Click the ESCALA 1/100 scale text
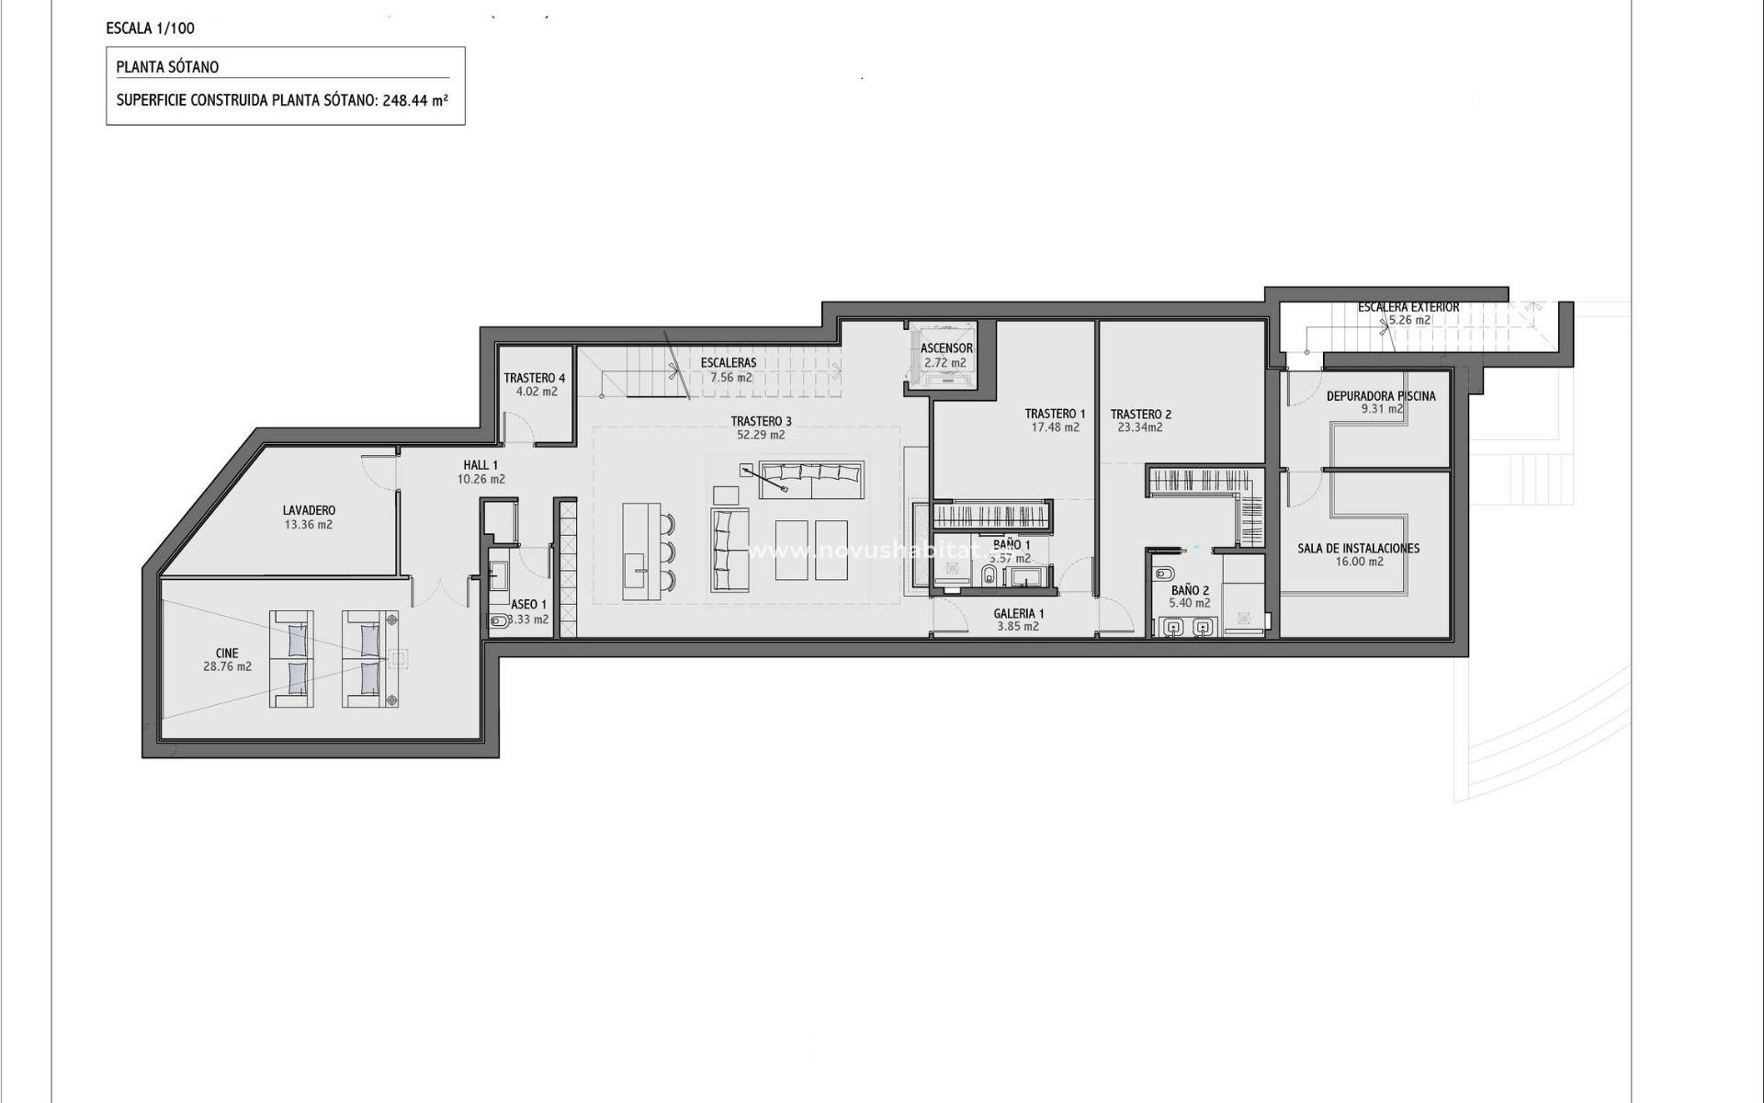(x=150, y=28)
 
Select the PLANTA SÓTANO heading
(x=167, y=67)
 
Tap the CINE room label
(x=227, y=654)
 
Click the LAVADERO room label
(x=309, y=510)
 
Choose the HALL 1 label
(x=481, y=465)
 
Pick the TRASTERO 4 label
(x=535, y=378)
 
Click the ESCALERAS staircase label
(x=729, y=363)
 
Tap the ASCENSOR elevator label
(x=946, y=348)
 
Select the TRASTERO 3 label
(x=761, y=422)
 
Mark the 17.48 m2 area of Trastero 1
(x=1055, y=427)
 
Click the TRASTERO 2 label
(x=1140, y=415)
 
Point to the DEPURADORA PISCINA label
(x=1380, y=396)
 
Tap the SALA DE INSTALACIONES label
(x=1358, y=548)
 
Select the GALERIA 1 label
(x=1018, y=613)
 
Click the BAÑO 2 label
(x=1190, y=590)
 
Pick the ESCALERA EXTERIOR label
(x=1408, y=307)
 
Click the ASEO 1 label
(x=528, y=605)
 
